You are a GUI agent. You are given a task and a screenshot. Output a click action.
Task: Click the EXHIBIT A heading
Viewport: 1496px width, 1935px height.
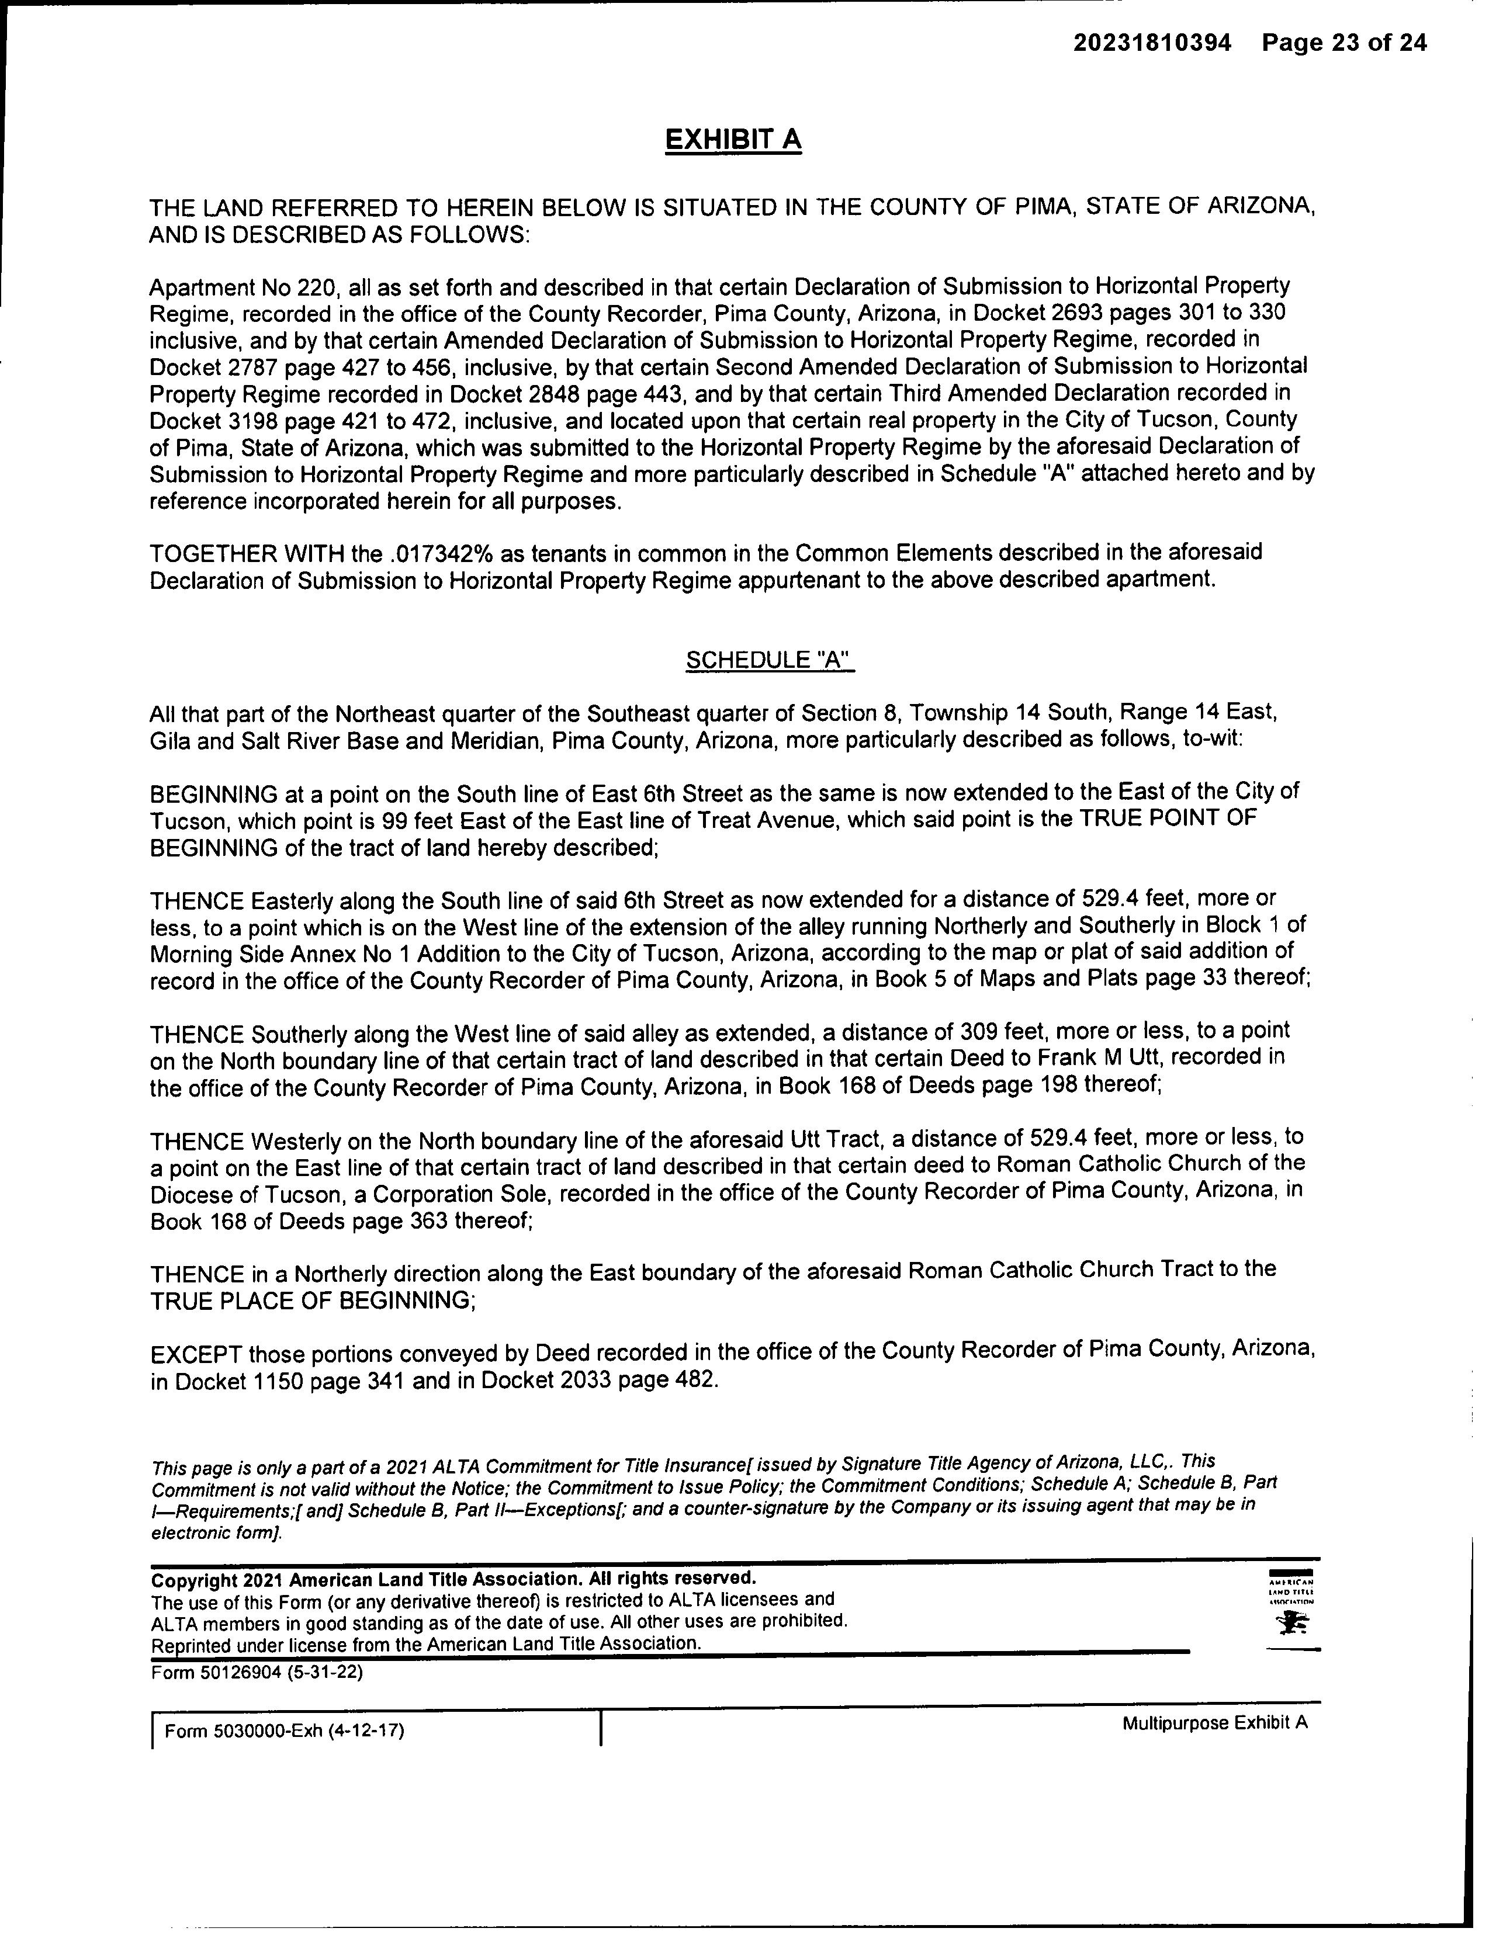(x=733, y=140)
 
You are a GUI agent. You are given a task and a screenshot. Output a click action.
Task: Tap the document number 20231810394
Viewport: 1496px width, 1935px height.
(x=1152, y=43)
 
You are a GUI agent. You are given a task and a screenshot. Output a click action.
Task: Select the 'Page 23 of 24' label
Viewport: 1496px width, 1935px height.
(x=1345, y=43)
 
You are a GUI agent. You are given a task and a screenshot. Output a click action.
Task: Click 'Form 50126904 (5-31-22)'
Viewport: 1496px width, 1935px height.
(x=257, y=1673)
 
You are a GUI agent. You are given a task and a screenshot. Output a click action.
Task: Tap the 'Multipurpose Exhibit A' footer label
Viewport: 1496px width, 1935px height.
(x=1214, y=1724)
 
